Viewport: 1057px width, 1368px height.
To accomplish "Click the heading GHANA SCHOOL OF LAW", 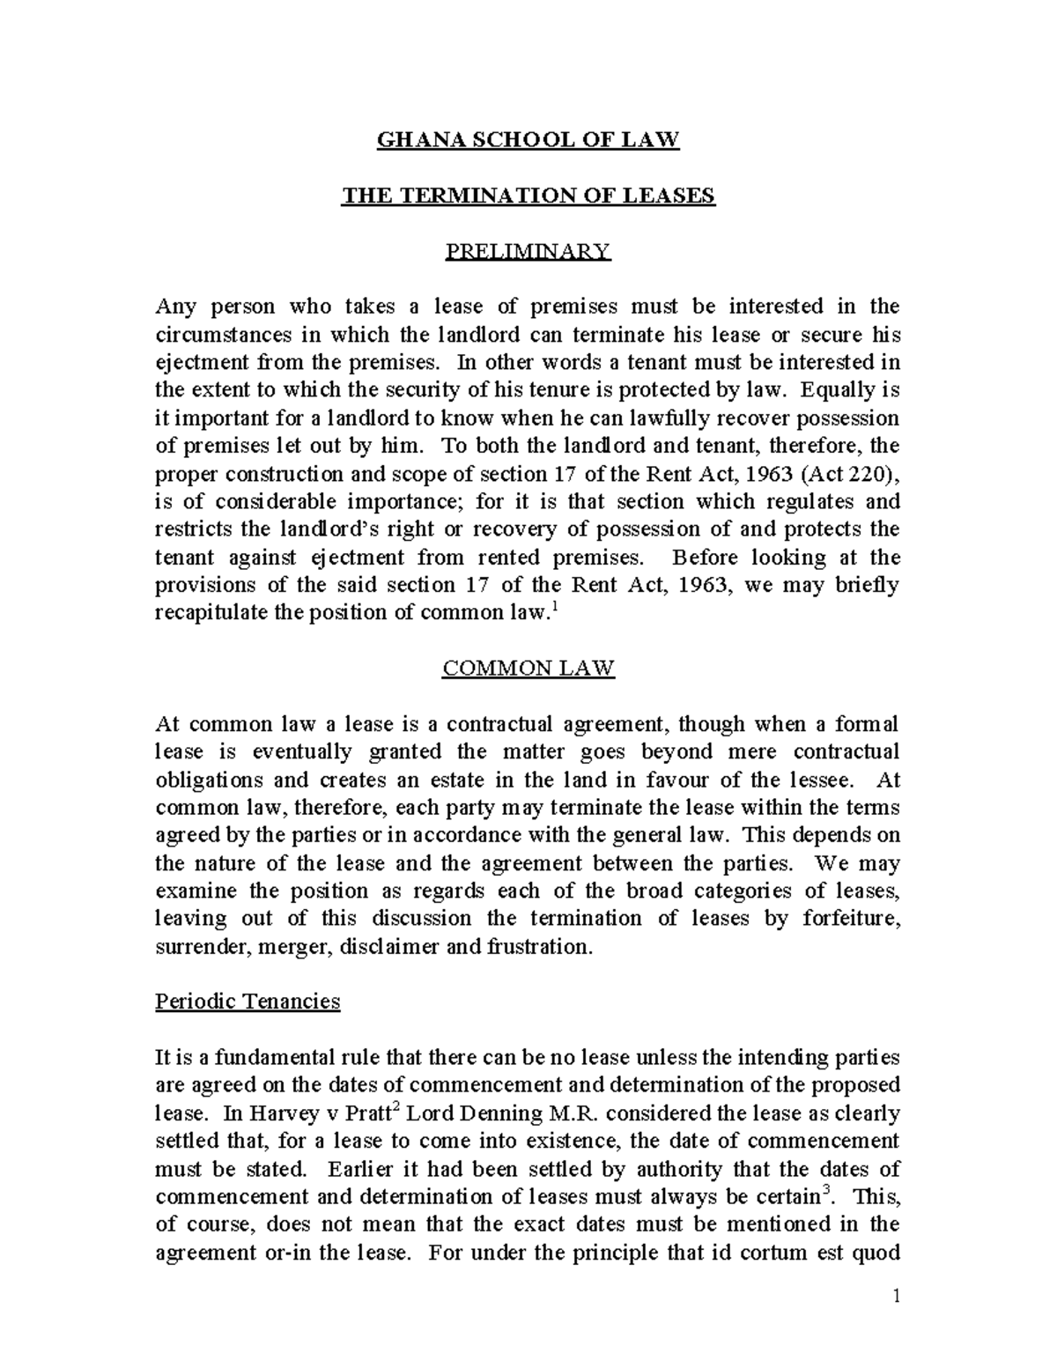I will [528, 140].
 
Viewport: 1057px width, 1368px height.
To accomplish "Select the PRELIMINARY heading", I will [528, 252].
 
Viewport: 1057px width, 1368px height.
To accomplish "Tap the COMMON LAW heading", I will [528, 669].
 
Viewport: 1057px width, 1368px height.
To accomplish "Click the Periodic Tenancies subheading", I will [248, 1002].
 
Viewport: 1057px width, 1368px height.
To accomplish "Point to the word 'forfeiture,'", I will [851, 919].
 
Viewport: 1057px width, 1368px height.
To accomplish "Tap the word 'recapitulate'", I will [212, 613].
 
